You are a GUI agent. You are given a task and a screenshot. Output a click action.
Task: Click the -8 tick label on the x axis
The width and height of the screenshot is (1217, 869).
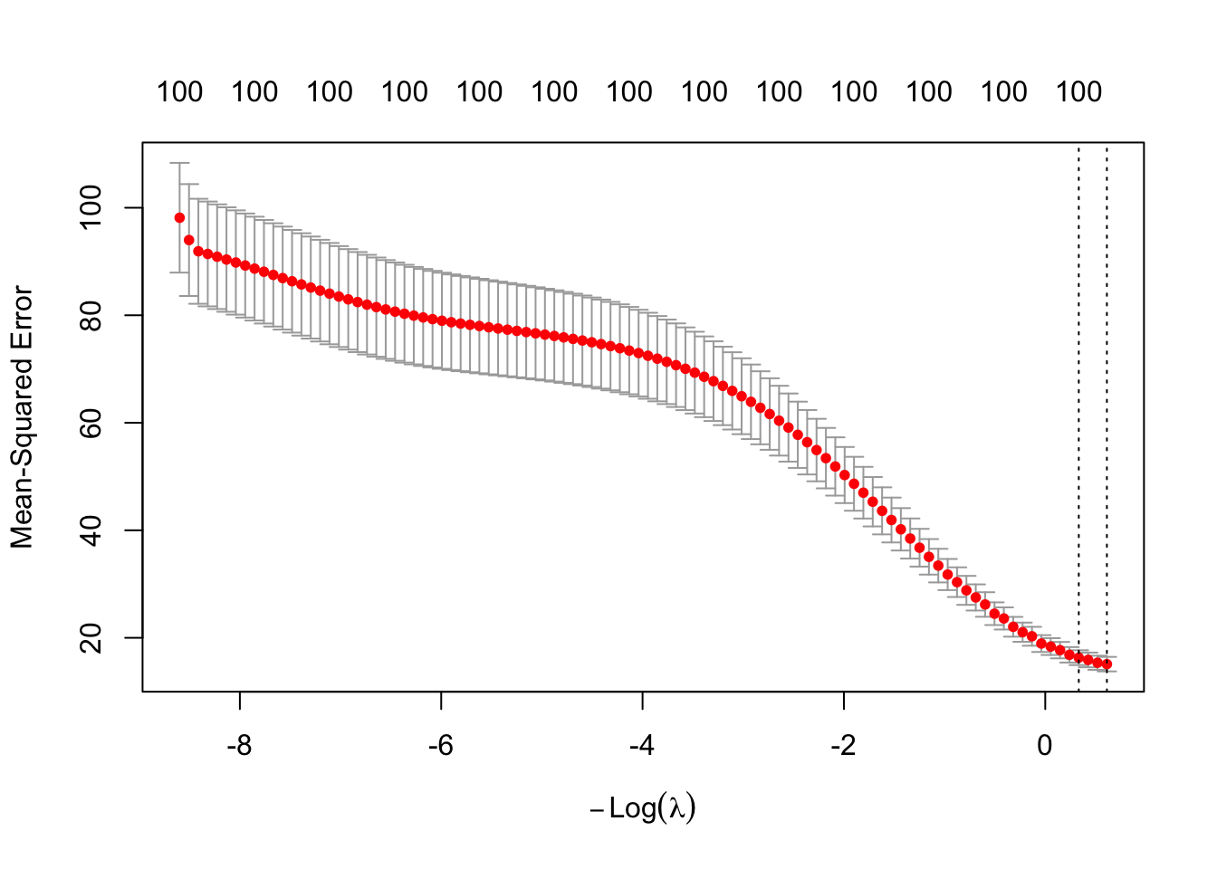239,746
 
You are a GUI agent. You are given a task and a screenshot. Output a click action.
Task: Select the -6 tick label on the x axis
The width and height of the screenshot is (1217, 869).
441,746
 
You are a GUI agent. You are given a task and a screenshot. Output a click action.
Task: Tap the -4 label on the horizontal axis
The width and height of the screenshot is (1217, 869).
642,746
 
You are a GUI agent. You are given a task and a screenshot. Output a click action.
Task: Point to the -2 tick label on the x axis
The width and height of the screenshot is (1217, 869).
843,746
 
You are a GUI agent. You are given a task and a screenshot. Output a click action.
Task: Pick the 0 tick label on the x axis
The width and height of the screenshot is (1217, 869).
1045,746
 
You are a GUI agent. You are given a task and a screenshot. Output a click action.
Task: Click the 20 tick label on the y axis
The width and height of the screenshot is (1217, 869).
91,637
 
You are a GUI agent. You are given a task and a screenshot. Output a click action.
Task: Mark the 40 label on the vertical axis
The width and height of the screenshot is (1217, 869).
91,530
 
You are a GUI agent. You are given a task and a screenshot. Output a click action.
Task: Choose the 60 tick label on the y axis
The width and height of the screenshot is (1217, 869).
91,423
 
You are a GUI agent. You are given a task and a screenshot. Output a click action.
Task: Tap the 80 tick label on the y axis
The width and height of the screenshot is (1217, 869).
91,315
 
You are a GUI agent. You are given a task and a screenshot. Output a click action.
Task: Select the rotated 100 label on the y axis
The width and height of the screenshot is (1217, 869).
91,207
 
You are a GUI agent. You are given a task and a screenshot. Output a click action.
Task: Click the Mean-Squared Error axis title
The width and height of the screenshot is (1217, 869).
22,417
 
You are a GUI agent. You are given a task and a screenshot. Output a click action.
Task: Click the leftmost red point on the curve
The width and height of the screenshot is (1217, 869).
179,218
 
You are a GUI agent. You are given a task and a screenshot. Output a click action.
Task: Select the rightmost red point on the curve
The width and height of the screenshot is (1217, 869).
1107,664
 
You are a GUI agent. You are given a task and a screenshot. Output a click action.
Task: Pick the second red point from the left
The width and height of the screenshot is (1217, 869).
189,240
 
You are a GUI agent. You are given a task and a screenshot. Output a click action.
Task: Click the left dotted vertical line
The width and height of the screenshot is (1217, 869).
1078,407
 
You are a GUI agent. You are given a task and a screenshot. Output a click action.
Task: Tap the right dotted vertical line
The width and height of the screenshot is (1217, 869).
1107,407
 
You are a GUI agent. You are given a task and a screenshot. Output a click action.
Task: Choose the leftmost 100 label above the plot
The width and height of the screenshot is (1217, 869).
179,91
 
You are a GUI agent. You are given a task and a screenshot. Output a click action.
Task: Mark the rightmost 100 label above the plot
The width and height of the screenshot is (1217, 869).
1079,91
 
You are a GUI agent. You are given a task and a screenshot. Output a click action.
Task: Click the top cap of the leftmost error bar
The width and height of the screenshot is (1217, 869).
179,163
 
